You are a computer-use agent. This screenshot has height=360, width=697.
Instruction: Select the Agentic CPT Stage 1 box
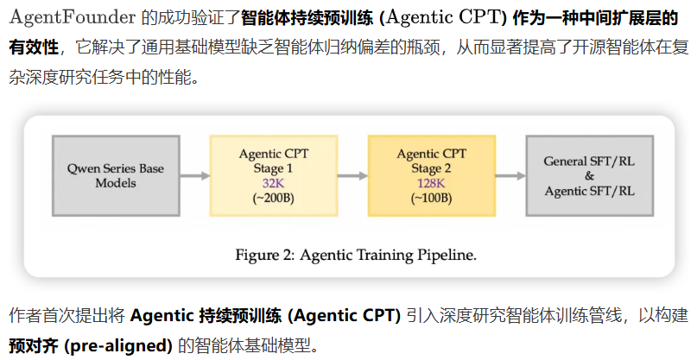tap(272, 175)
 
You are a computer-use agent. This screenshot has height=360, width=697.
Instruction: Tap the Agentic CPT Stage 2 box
tap(431, 175)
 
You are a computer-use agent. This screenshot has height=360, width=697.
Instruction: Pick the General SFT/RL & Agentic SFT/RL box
tap(590, 175)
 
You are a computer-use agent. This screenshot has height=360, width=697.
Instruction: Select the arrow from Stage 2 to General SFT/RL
tap(510, 175)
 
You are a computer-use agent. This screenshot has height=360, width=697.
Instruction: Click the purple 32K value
tap(272, 183)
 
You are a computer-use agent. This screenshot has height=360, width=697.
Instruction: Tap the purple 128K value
tap(431, 183)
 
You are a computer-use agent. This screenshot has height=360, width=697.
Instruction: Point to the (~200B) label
tap(272, 198)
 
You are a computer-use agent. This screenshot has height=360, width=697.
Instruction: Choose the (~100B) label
tap(431, 198)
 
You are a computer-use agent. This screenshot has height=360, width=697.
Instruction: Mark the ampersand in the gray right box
tap(590, 175)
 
